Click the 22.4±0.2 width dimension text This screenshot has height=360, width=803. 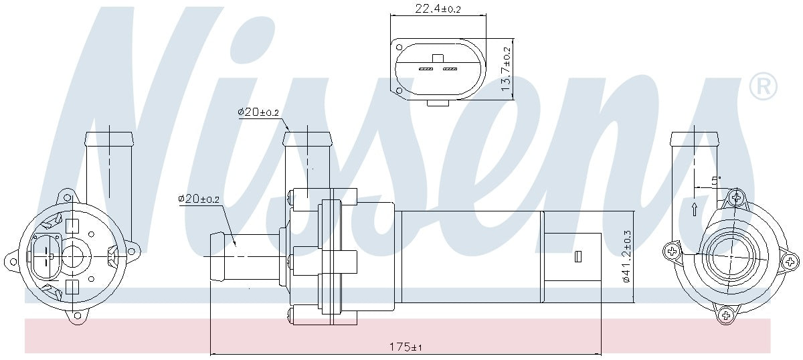[438, 8]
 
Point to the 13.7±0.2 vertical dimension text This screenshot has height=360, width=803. [507, 69]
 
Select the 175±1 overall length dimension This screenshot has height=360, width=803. [406, 347]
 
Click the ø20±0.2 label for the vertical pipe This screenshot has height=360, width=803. [258, 112]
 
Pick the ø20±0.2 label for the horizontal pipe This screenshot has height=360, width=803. [199, 199]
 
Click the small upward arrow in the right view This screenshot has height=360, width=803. [695, 208]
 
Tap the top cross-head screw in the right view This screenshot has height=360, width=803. [736, 197]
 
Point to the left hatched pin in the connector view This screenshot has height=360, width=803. [426, 69]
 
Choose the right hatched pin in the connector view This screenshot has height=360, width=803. [449, 69]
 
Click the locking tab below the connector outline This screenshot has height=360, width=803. [438, 104]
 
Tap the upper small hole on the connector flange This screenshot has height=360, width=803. [399, 48]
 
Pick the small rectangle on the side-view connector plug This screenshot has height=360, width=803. [577, 256]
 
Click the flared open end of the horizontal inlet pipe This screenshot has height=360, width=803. [217, 256]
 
